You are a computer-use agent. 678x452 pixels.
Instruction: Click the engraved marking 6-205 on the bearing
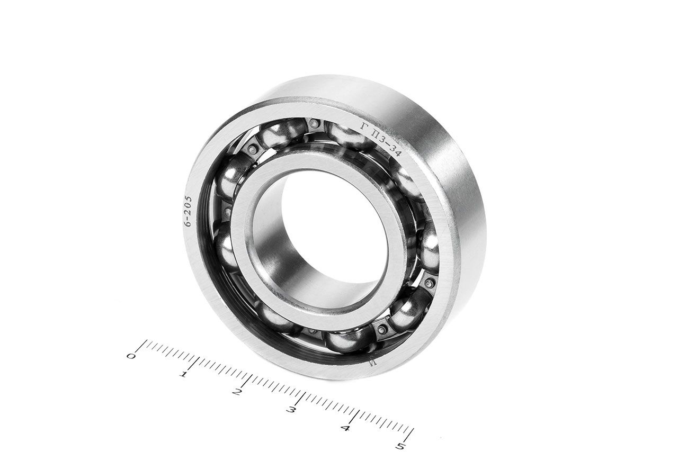tap(189, 211)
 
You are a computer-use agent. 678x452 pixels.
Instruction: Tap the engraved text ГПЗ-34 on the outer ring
tap(381, 140)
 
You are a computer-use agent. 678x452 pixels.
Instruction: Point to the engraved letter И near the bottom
tap(372, 363)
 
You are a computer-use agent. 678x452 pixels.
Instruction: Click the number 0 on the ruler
tap(131, 356)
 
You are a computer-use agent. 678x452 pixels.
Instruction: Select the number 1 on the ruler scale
tap(183, 375)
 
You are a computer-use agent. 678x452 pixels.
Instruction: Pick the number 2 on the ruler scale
tap(237, 392)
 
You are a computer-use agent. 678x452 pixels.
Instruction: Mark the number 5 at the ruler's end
tap(402, 446)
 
